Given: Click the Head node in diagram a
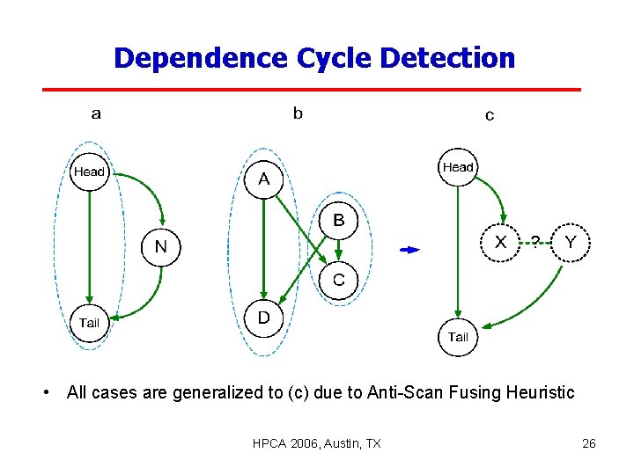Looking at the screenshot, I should (89, 172).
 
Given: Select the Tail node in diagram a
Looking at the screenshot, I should (89, 323).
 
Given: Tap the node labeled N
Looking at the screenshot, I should (160, 247).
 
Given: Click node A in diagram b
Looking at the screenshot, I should (263, 180).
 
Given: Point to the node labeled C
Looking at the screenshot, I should (338, 281).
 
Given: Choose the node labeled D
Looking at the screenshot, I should (263, 318).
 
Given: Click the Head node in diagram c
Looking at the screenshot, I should (458, 167).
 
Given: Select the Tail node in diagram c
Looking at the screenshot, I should (458, 337).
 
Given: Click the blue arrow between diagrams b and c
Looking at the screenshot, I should (410, 250).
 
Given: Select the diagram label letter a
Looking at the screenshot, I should (96, 113).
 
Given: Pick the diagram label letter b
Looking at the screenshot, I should (298, 113).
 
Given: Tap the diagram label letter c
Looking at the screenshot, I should (490, 115).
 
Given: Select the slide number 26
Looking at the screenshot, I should (589, 443).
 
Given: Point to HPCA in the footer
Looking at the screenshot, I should (269, 443).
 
